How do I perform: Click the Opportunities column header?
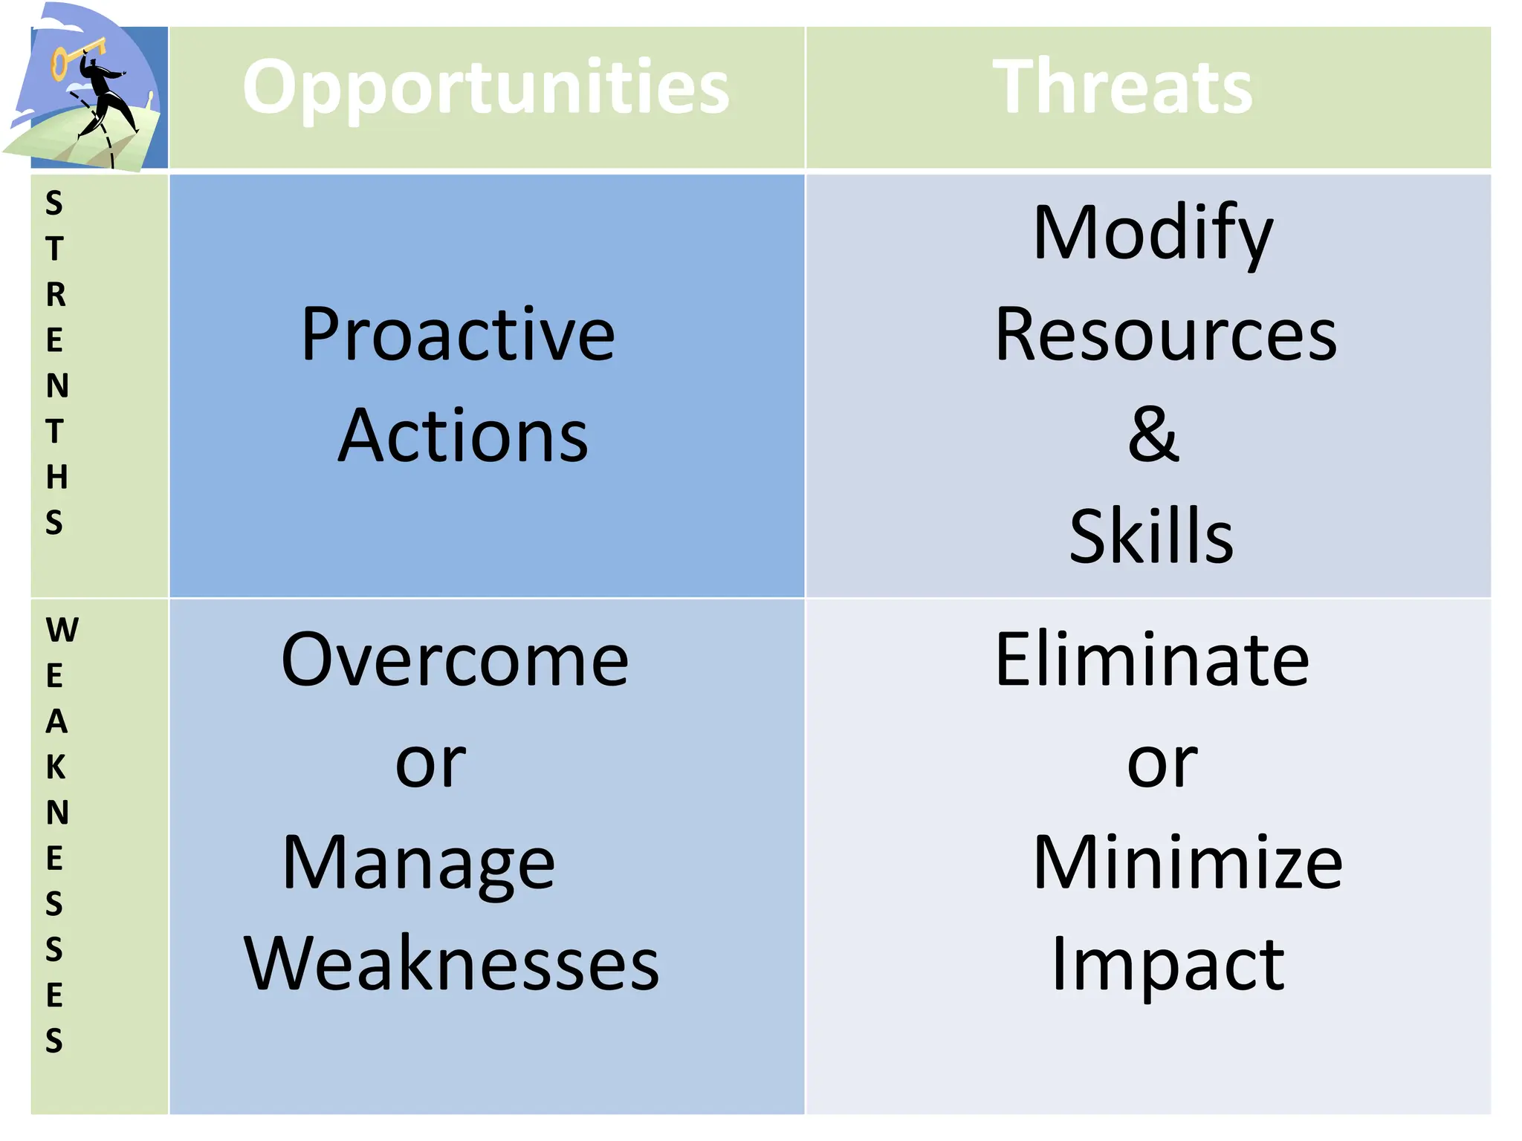coord(486,88)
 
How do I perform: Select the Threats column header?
coord(1123,88)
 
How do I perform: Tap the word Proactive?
coord(458,335)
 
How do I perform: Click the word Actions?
coord(463,436)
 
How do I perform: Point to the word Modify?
coord(1153,234)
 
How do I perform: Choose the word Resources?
coord(1165,335)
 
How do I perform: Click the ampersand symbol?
coord(1153,435)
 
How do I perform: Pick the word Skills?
coord(1151,536)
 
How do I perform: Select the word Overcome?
coord(455,660)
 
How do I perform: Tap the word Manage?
coord(418,863)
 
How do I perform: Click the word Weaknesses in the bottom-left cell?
coord(451,963)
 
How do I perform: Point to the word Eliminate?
coord(1152,660)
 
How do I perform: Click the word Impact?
coord(1168,963)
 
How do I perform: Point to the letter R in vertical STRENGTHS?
coord(56,295)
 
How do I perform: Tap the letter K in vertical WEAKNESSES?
coord(56,767)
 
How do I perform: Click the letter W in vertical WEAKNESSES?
coord(62,631)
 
